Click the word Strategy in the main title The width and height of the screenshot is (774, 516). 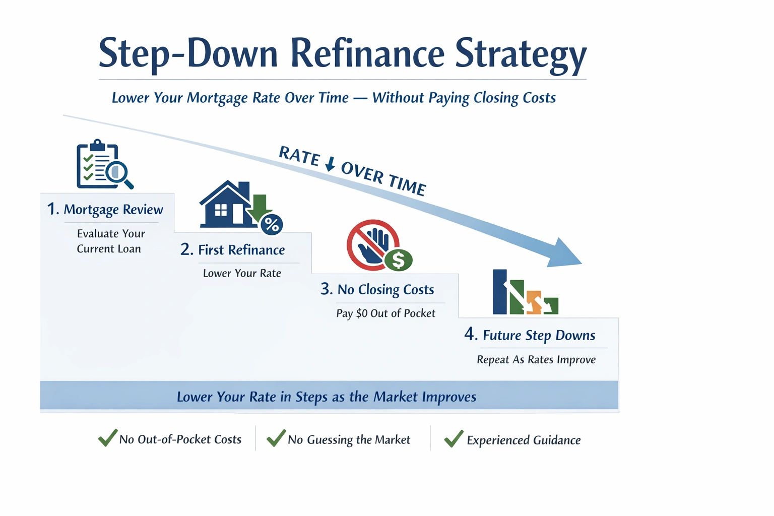point(521,55)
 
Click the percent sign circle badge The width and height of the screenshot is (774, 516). point(272,224)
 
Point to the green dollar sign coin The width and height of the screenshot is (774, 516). point(399,260)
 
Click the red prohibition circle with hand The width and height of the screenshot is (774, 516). point(373,244)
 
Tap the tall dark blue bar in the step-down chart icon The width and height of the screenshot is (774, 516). point(500,292)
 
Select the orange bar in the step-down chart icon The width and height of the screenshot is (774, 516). point(534,302)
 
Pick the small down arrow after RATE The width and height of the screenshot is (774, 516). point(331,164)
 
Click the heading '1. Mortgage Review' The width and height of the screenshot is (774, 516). point(105,210)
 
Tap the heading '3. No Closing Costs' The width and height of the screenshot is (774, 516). point(377,290)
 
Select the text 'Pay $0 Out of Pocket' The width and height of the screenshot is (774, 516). point(385,313)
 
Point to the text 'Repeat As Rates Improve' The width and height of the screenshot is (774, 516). point(536,360)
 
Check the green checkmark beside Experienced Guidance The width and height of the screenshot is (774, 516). point(454,438)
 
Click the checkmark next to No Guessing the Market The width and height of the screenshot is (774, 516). point(276,438)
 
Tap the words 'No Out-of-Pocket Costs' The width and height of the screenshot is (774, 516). point(180,439)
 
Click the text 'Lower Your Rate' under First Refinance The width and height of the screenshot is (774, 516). point(242,274)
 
